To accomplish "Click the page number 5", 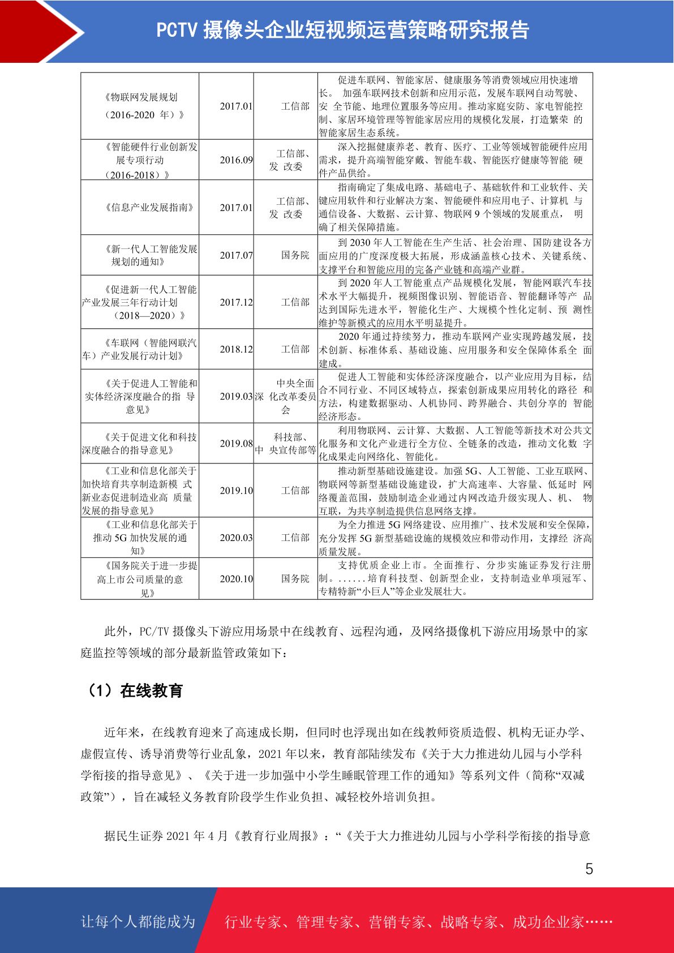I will (589, 869).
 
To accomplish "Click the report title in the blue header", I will (342, 31).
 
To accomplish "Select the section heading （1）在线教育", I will (134, 690).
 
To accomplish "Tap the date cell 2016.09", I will (236, 160).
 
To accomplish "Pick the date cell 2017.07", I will (236, 255).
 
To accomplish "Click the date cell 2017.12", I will (236, 302).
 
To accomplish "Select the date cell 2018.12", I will (236, 349).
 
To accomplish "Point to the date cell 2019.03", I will (236, 396).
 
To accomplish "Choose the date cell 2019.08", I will (236, 443).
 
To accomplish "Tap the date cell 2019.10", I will (236, 490).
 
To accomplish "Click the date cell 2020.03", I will (236, 537).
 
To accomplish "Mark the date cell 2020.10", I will (236, 578).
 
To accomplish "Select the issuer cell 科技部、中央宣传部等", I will (286, 444).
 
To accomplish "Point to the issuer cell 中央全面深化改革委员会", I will (286, 396).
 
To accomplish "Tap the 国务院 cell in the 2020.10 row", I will (295, 578).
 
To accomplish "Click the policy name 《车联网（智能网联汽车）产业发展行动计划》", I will (140, 349).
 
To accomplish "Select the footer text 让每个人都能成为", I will (138, 921).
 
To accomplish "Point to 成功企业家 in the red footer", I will (548, 922).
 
